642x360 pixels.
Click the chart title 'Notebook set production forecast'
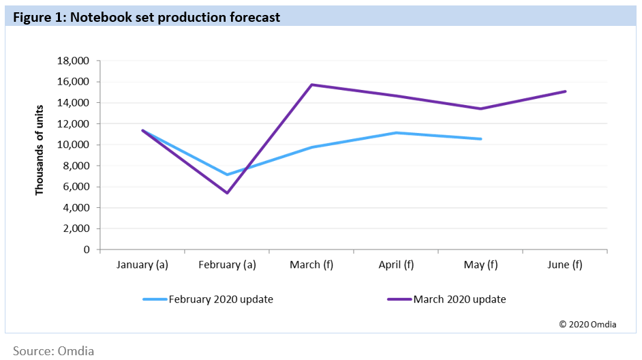pyautogui.click(x=146, y=18)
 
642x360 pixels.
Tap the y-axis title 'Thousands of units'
pyautogui.click(x=40, y=150)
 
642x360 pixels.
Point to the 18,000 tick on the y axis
pyautogui.click(x=75, y=61)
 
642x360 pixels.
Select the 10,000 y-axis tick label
pyautogui.click(x=75, y=145)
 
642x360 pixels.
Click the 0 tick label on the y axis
pyautogui.click(x=87, y=250)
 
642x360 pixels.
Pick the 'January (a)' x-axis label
pyautogui.click(x=142, y=265)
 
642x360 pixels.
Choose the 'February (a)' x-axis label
pyautogui.click(x=227, y=265)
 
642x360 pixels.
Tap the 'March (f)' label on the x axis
pyautogui.click(x=311, y=265)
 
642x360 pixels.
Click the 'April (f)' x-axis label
pyautogui.click(x=396, y=265)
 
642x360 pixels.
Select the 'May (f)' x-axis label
pyautogui.click(x=480, y=265)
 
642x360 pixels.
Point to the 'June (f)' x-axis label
pyautogui.click(x=565, y=265)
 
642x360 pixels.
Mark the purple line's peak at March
pyautogui.click(x=311, y=85)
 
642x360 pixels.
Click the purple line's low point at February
pyautogui.click(x=227, y=193)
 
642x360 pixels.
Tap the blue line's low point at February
pyautogui.click(x=227, y=175)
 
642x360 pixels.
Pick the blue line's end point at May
pyautogui.click(x=480, y=139)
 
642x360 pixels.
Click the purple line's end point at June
pyautogui.click(x=565, y=91)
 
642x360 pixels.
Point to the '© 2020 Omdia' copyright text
pyautogui.click(x=587, y=325)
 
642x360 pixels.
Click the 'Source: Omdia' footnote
pyautogui.click(x=53, y=350)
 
